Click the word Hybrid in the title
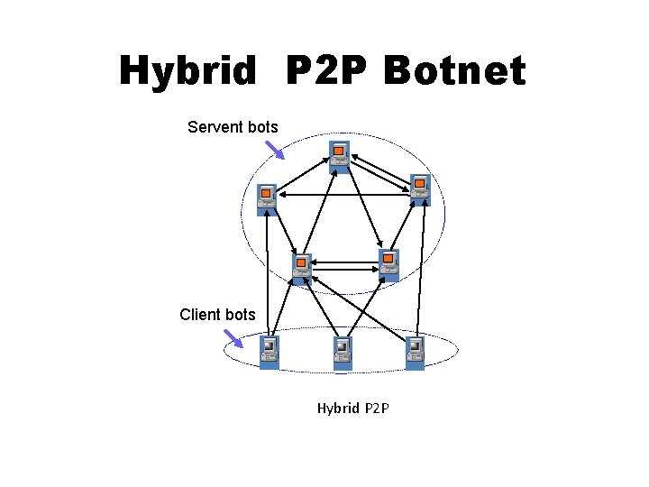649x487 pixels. tap(187, 70)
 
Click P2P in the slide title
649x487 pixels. tap(327, 70)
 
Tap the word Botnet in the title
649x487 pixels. tap(453, 70)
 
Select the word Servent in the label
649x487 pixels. tap(215, 127)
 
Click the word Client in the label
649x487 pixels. tap(199, 315)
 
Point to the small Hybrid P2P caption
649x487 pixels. tap(352, 409)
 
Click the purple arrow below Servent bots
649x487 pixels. tap(274, 149)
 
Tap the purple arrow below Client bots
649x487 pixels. tap(233, 337)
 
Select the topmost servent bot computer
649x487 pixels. tap(339, 156)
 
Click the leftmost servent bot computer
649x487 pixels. tap(267, 199)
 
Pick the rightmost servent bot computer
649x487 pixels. tap(420, 190)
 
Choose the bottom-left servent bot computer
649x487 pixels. tap(302, 269)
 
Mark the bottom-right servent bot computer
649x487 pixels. tap(388, 265)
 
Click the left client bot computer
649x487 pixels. tap(270, 352)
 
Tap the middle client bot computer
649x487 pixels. tap(342, 353)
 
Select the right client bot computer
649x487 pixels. tap(415, 352)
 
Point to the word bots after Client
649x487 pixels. tap(241, 315)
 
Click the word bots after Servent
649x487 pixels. tap(262, 127)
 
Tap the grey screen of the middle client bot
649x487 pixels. tap(342, 346)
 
